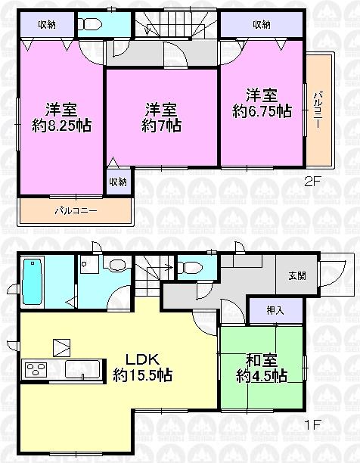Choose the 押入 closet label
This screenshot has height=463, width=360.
pyautogui.click(x=275, y=309)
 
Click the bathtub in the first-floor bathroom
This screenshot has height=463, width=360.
pyautogui.click(x=34, y=282)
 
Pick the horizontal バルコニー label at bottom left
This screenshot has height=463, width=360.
pyautogui.click(x=74, y=210)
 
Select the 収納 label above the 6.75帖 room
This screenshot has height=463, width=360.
pyautogui.click(x=262, y=24)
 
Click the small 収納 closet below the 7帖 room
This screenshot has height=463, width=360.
pyautogui.click(x=117, y=182)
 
